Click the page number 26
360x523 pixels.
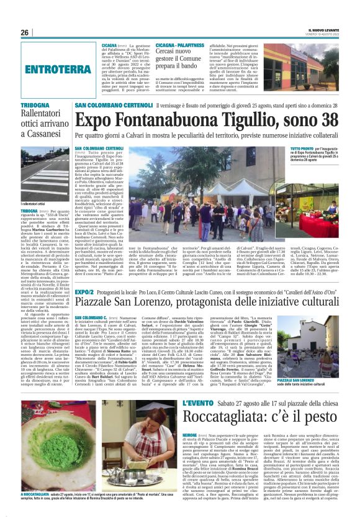pos(24,32)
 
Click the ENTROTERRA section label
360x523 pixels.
pos(55,69)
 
